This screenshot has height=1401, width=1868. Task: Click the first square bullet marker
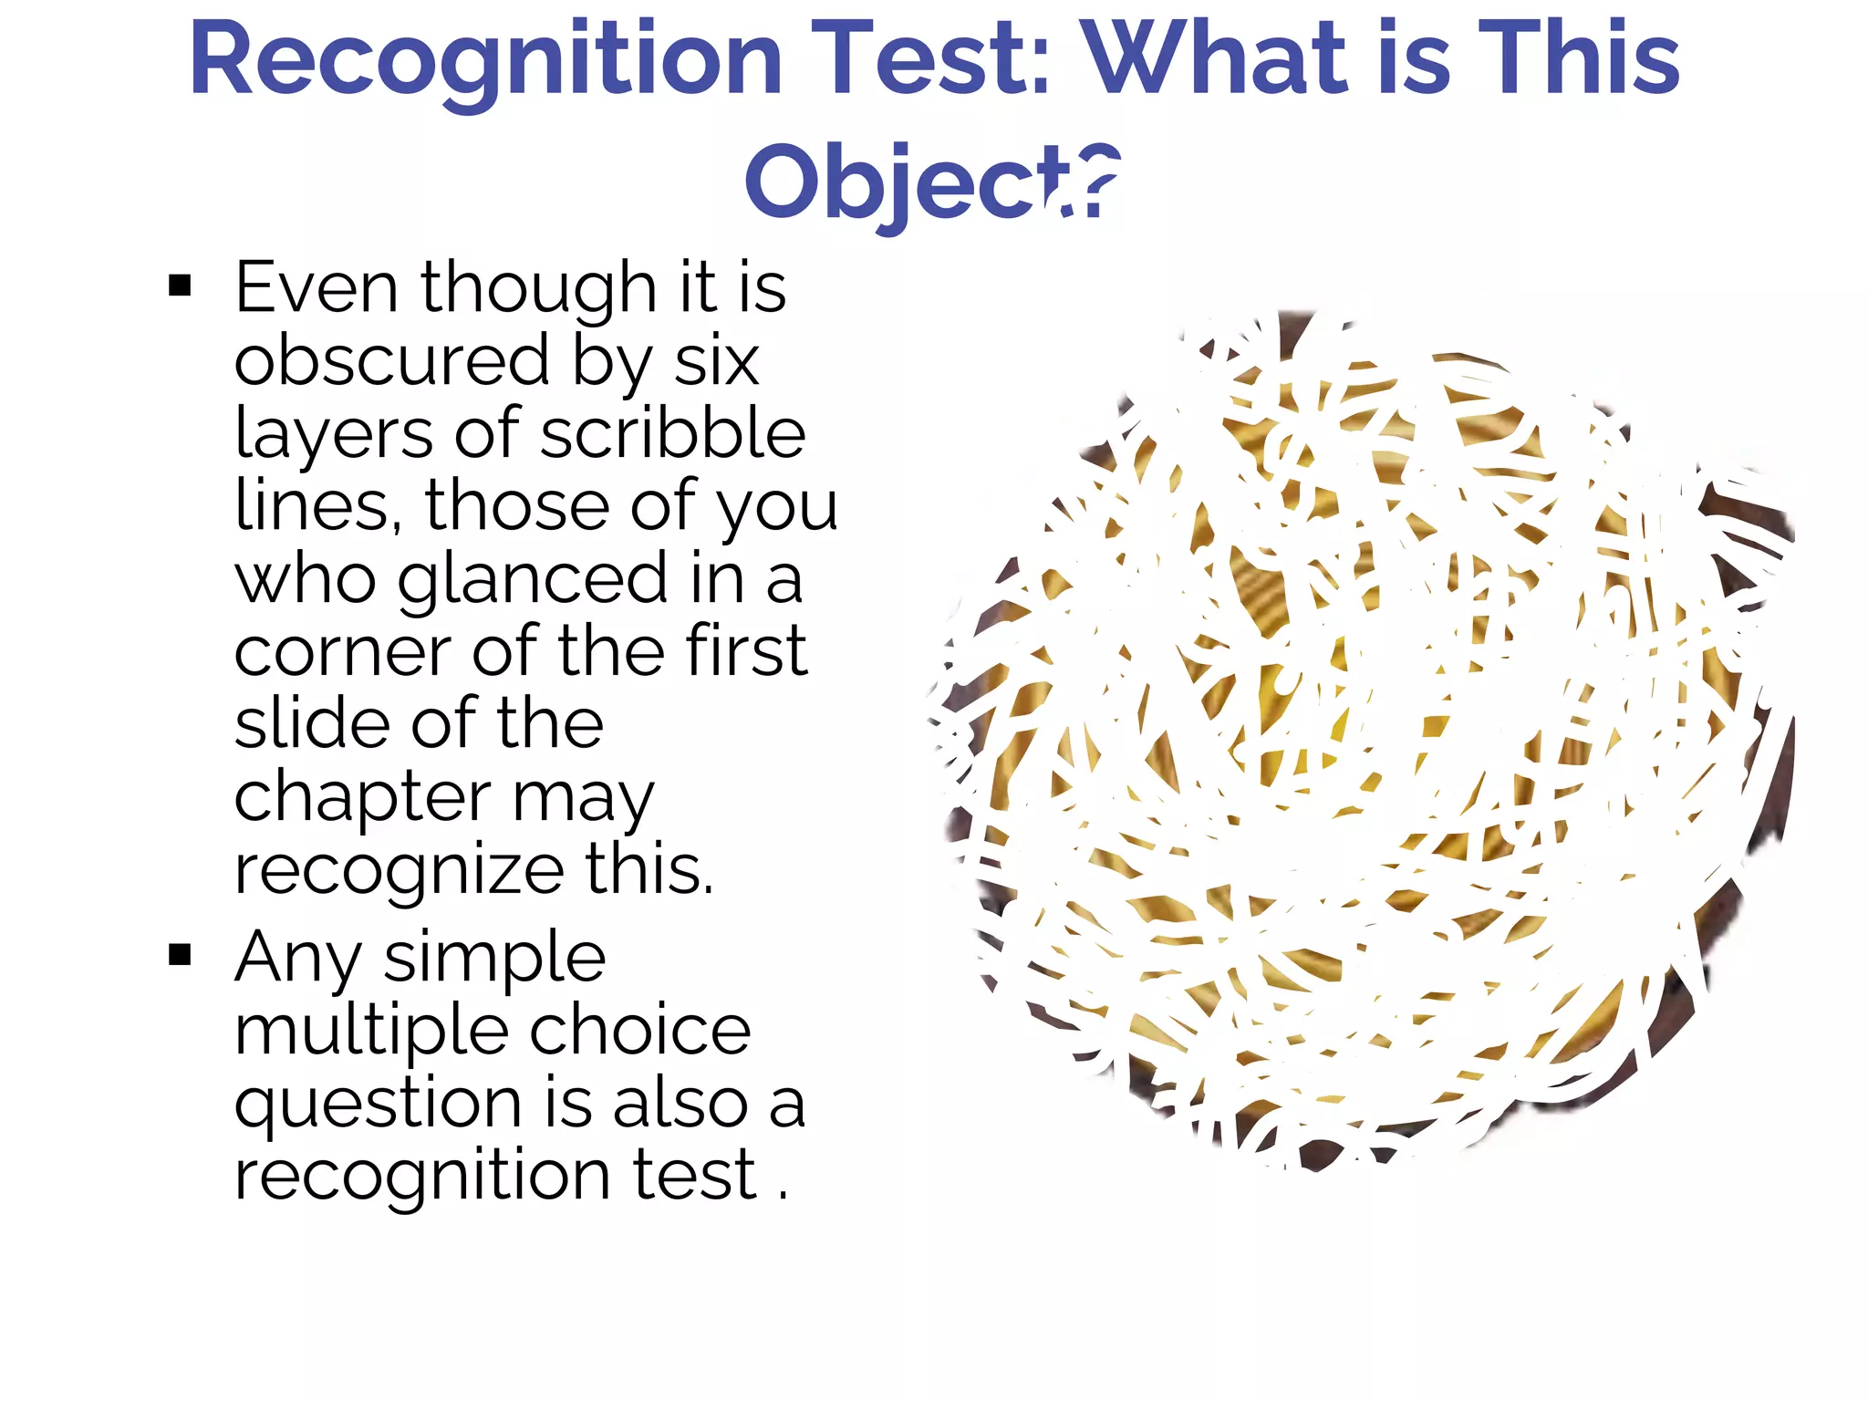click(180, 285)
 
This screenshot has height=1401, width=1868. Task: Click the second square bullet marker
click(180, 955)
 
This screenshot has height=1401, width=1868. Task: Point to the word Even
click(316, 287)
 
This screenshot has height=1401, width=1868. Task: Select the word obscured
click(392, 361)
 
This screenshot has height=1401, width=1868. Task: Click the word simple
click(494, 958)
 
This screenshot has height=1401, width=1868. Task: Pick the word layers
click(333, 435)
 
